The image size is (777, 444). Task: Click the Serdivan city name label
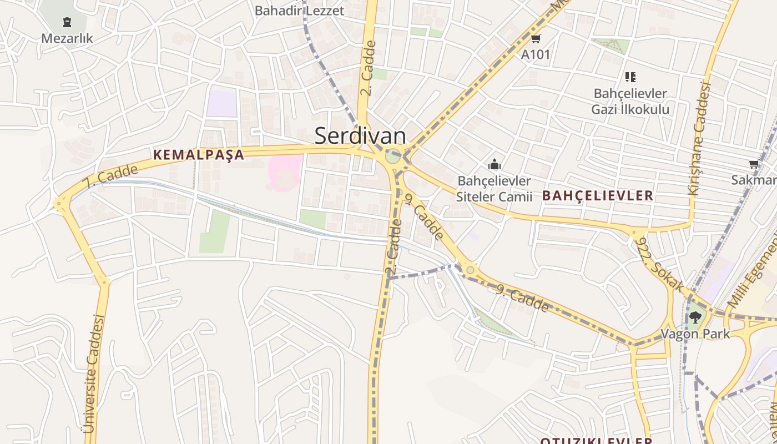point(360,136)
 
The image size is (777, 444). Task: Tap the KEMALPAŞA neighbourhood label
point(199,155)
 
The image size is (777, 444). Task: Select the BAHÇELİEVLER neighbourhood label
point(598,196)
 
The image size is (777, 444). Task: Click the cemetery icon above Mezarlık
point(67,23)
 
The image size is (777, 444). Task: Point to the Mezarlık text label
point(67,39)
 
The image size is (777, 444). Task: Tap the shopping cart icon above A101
point(536,38)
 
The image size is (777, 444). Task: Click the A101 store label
point(536,54)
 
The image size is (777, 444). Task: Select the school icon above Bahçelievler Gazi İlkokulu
point(630,77)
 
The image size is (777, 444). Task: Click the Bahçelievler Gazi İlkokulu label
point(630,102)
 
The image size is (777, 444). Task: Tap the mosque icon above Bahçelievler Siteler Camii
point(494,164)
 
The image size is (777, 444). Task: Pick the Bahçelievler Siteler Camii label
point(494,189)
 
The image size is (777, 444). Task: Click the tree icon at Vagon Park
point(694,318)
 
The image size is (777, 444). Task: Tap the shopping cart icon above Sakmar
point(754,164)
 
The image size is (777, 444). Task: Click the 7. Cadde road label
point(109,176)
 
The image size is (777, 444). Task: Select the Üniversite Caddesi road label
point(93,374)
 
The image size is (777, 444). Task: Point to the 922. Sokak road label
point(660,264)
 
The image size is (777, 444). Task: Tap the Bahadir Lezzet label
point(299,10)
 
